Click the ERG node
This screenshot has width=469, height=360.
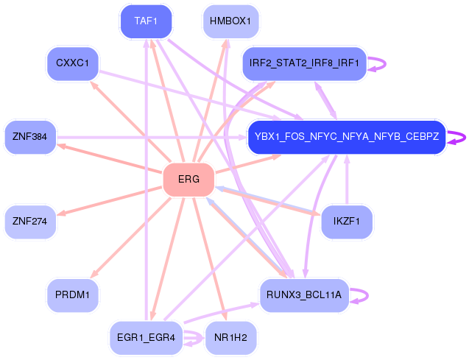[x=188, y=180]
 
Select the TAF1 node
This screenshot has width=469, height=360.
[x=146, y=21]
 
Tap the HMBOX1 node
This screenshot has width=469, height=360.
[x=230, y=21]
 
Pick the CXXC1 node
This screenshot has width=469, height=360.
[x=73, y=63]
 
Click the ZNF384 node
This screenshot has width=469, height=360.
[x=30, y=137]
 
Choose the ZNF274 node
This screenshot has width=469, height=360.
[x=30, y=222]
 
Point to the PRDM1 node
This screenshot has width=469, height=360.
[x=73, y=295]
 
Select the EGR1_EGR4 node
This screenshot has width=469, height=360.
[x=146, y=338]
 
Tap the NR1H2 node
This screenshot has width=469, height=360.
[x=230, y=338]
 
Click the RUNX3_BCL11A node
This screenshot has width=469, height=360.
[x=304, y=295]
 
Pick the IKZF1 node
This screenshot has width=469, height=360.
[x=347, y=222]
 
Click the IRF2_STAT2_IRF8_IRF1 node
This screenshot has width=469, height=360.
[x=304, y=63]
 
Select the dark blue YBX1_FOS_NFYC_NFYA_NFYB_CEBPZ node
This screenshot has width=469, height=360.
[x=347, y=137]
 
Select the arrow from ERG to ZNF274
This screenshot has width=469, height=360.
[x=110, y=201]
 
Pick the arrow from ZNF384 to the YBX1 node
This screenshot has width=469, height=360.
[x=152, y=137]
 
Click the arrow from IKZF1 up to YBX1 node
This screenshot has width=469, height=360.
[x=347, y=180]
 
